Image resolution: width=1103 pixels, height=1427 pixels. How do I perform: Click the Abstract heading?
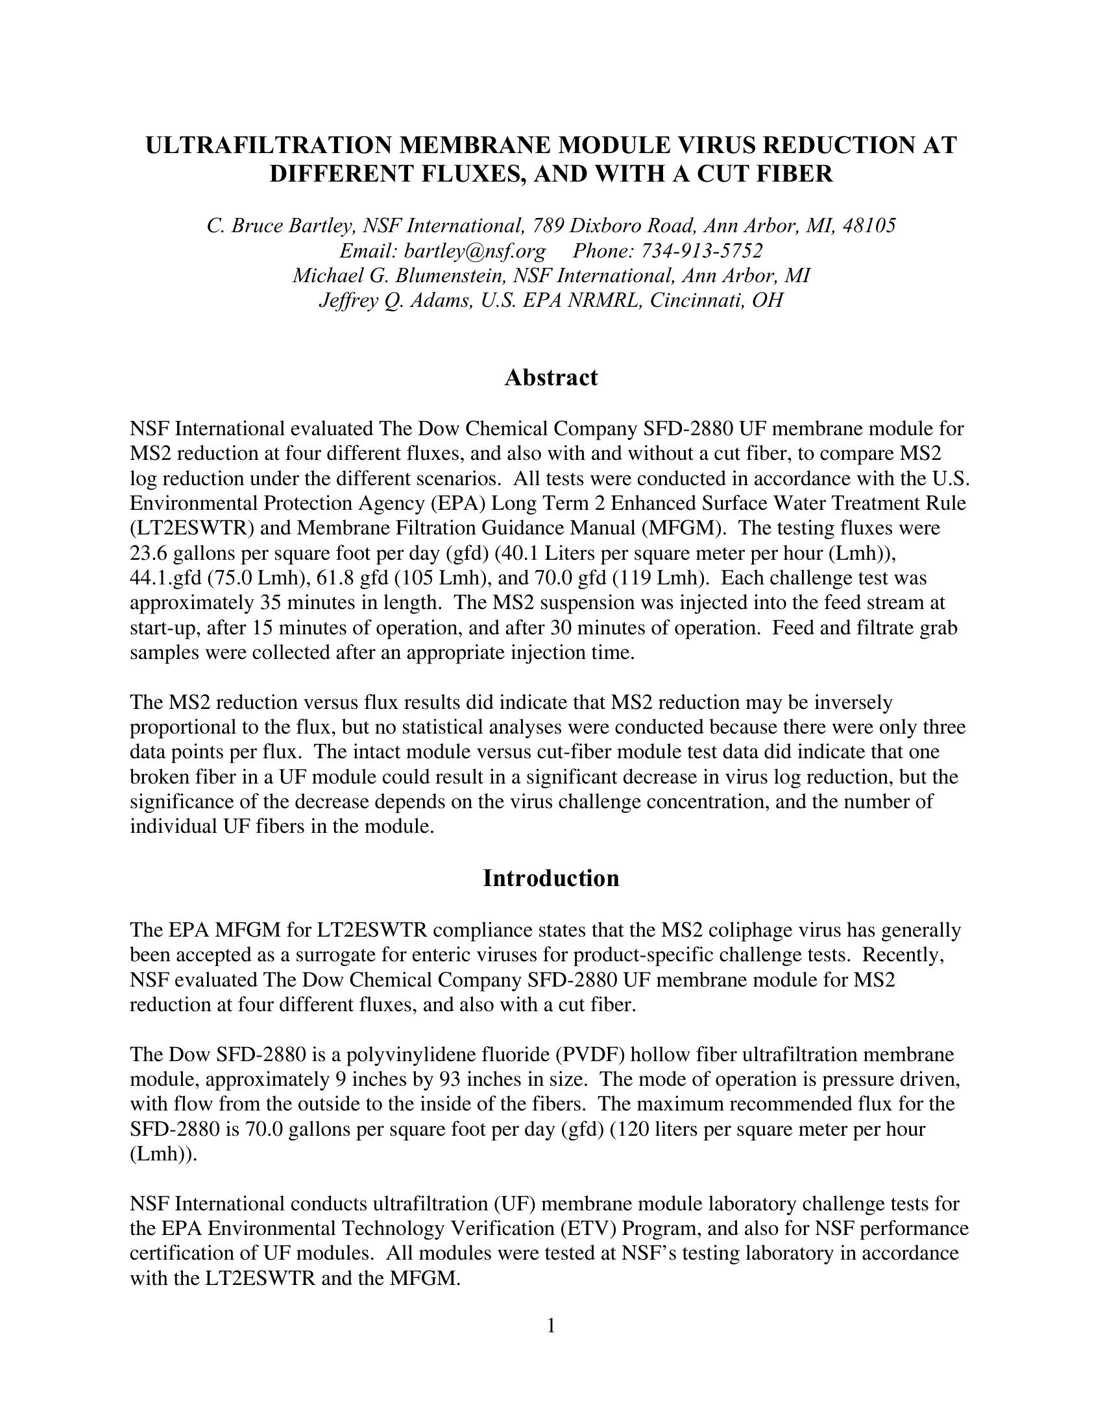coord(551,378)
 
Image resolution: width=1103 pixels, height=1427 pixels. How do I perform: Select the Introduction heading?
coord(551,878)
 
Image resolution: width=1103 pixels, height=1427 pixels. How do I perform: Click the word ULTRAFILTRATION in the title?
coord(266,145)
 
